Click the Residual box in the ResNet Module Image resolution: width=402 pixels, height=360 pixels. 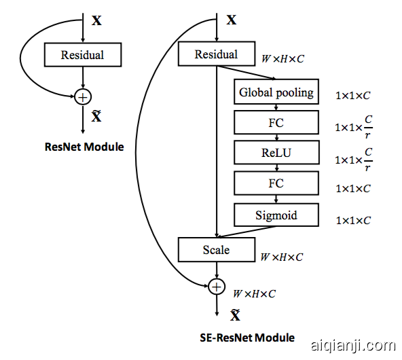pos(82,55)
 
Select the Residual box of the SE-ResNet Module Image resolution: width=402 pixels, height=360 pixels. pos(216,54)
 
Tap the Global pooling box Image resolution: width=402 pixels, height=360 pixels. pos(276,92)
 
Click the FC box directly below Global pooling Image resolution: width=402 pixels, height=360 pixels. pos(276,123)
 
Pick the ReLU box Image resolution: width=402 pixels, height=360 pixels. pos(276,153)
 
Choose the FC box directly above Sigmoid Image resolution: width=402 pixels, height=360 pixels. pos(276,183)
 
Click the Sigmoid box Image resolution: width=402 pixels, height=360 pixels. pos(276,216)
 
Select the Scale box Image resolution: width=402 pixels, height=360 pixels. pos(216,250)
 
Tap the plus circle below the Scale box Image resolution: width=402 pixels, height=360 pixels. pos(216,287)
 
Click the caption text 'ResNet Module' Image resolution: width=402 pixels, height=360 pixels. pos(84,147)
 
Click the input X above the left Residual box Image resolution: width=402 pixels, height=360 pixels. pos(97,20)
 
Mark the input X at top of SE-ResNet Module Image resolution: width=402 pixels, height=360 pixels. pos(231,20)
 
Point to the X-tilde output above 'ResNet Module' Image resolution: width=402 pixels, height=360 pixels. pos(96,117)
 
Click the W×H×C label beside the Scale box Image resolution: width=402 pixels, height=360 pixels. pos(282,257)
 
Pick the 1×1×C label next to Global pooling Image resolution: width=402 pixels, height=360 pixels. pos(353,96)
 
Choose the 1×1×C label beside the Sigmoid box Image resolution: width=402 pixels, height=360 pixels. pos(353,221)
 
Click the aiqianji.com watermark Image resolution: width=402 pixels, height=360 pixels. pos(352,346)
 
